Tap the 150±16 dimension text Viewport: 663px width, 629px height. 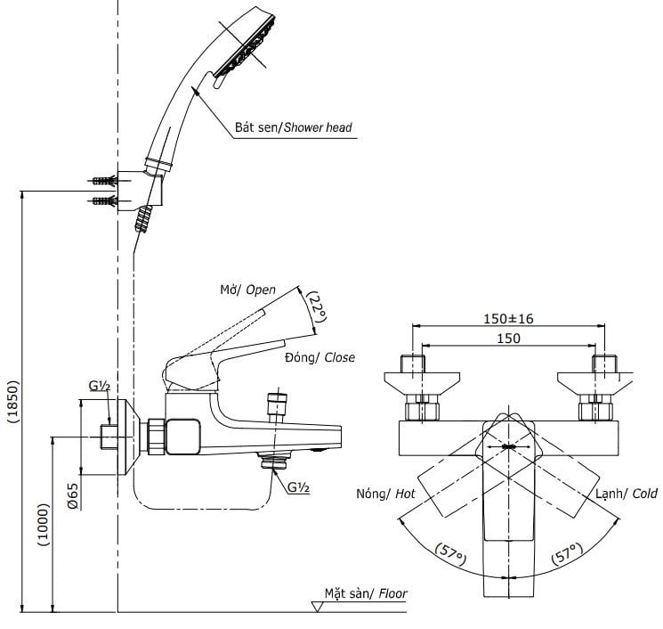[x=509, y=319]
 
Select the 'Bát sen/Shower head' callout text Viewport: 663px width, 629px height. [x=293, y=127]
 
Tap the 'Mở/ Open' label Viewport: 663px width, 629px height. [x=247, y=290]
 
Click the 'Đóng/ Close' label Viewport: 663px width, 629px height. [x=319, y=357]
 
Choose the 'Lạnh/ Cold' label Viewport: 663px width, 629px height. [x=627, y=493]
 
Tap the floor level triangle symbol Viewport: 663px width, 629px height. [x=317, y=606]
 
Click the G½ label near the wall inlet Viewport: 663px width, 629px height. [x=99, y=385]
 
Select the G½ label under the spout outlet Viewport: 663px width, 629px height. [x=298, y=486]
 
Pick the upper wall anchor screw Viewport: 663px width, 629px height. [x=104, y=180]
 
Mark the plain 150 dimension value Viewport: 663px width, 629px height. [x=509, y=338]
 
